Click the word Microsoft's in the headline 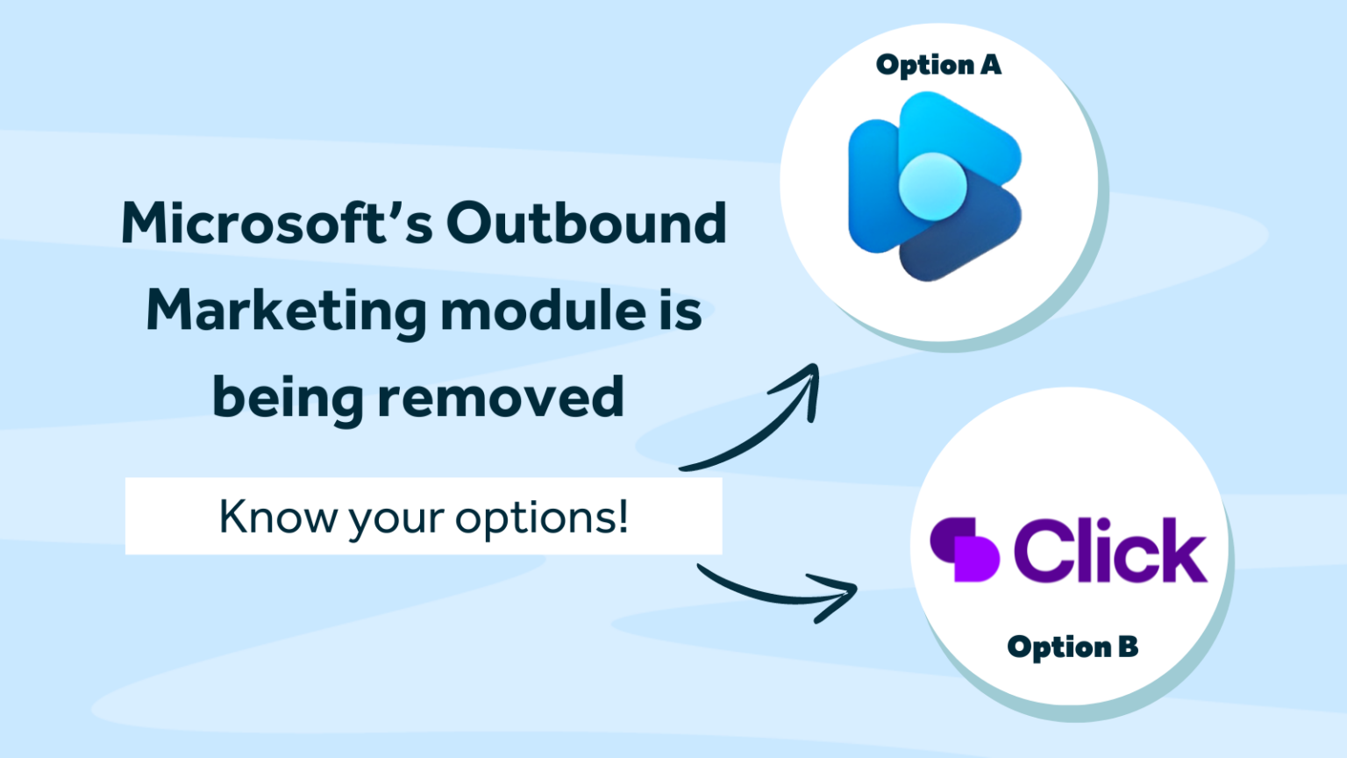click(x=277, y=224)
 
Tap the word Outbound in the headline click(x=586, y=224)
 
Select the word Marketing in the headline click(x=286, y=312)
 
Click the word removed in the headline click(x=501, y=397)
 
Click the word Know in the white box click(x=277, y=516)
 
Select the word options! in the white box click(x=542, y=518)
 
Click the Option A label click(x=937, y=65)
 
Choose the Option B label click(x=1072, y=647)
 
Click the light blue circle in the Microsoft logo click(x=932, y=185)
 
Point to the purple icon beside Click click(x=965, y=550)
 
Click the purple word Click click(x=1110, y=550)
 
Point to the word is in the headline click(x=680, y=311)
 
